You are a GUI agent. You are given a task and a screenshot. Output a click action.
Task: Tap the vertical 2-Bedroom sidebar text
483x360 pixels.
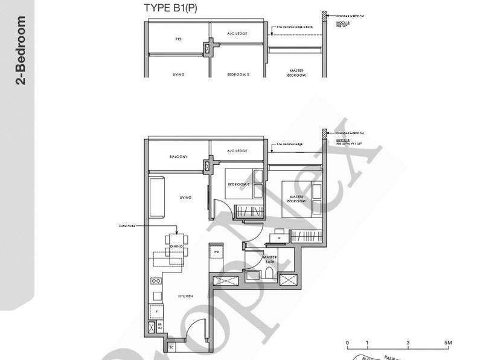[22, 51]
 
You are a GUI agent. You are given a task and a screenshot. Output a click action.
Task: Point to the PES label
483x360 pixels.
[179, 39]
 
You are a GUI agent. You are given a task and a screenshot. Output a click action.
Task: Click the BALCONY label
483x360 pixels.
[179, 156]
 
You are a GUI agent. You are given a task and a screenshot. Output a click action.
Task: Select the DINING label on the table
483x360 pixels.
[176, 246]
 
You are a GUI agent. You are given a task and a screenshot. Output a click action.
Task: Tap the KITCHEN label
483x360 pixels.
[185, 296]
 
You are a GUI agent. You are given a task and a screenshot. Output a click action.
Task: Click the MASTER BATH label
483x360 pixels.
[269, 260]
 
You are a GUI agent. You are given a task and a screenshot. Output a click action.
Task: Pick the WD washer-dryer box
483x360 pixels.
[216, 252]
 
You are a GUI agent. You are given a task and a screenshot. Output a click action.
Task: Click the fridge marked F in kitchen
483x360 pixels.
[156, 312]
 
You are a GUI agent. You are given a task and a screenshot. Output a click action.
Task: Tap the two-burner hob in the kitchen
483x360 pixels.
[156, 281]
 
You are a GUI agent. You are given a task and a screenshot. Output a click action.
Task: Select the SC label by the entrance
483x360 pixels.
[171, 347]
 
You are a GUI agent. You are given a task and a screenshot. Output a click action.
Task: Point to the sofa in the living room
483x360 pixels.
[156, 198]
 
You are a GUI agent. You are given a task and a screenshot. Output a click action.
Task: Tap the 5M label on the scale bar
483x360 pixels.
[447, 343]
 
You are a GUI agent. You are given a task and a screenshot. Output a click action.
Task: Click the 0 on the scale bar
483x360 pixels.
[347, 343]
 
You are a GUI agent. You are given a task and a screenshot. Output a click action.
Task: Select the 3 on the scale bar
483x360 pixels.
[408, 343]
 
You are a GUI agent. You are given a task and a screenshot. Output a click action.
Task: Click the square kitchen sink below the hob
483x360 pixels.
[156, 296]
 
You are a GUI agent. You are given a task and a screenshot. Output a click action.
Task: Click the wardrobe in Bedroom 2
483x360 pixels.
[248, 212]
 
